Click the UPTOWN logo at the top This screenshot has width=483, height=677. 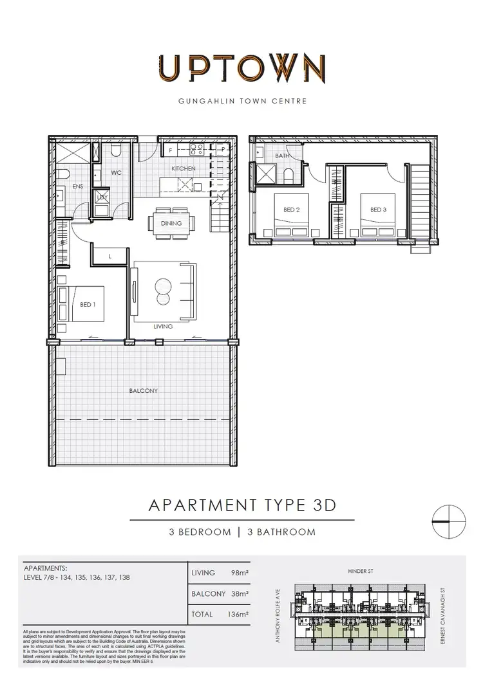pos(241,68)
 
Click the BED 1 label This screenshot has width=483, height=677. pos(88,305)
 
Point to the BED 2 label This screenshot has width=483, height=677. pos(291,210)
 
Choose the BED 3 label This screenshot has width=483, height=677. pos(377,210)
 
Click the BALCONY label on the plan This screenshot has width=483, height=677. pos(144,390)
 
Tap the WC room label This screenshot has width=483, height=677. pos(117,173)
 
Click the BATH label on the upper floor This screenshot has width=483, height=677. pos(282,156)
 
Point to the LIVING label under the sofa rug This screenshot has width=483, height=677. pos(163,327)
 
